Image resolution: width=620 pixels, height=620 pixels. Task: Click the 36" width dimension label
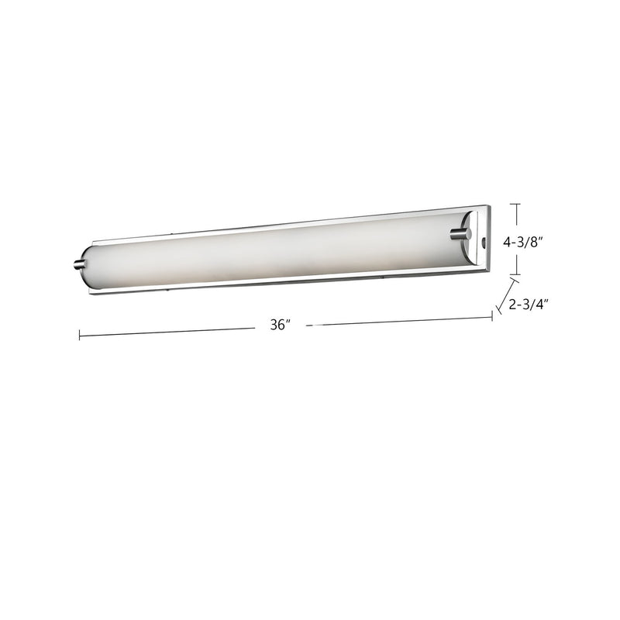coord(280,327)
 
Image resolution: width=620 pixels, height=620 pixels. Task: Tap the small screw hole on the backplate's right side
coord(484,243)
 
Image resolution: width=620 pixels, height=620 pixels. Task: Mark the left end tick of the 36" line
coord(79,335)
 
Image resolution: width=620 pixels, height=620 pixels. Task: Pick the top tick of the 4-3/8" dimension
coord(518,204)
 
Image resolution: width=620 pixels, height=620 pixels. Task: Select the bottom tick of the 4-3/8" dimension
coord(518,274)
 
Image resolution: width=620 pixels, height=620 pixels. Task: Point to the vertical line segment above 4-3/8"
coord(518,217)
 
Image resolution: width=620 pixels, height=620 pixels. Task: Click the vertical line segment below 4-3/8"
coord(518,263)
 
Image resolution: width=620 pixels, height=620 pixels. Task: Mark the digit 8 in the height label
coord(533,242)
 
